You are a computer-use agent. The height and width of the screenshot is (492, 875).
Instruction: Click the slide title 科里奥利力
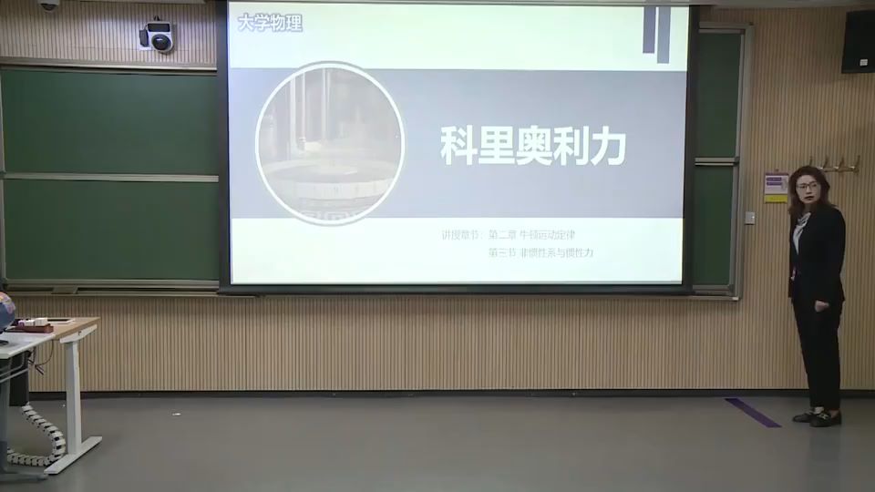[x=533, y=145]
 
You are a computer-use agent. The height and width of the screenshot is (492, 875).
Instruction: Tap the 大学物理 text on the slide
[x=270, y=24]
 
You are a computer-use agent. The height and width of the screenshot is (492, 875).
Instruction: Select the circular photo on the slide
[x=330, y=143]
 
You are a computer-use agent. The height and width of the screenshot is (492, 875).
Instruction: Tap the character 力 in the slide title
[x=608, y=145]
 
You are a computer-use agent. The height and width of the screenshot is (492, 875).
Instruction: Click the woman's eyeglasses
[x=807, y=186]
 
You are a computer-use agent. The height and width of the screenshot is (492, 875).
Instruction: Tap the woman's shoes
[x=818, y=417]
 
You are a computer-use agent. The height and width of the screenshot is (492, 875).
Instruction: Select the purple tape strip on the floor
[x=753, y=412]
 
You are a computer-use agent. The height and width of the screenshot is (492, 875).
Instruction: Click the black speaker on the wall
[x=858, y=41]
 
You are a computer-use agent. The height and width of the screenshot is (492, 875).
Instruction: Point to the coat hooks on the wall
[x=835, y=165]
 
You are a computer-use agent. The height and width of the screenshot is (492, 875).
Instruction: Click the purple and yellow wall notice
[x=776, y=187]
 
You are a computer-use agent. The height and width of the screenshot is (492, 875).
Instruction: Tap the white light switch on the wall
[x=749, y=218]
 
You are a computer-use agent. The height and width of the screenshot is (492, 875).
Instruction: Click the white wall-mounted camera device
[x=158, y=36]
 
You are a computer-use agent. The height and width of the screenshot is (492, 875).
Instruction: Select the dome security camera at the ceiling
[x=48, y=5]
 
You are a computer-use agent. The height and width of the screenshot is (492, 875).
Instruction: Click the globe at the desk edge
[x=5, y=311]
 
